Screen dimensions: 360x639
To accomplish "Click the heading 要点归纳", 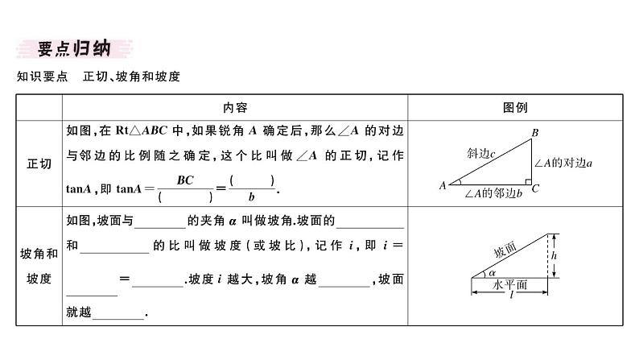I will (73, 49).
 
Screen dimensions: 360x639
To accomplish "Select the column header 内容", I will (235, 107).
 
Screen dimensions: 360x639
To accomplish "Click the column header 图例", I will (515, 107).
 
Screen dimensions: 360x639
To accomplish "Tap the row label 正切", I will (39, 163).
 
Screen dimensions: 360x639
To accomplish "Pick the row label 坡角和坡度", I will (39, 266).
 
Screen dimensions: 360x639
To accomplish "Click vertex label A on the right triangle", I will (443, 185).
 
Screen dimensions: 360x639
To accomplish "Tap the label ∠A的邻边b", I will (492, 194).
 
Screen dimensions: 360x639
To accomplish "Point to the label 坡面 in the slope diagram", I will (506, 250).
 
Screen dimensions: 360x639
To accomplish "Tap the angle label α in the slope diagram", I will (492, 273).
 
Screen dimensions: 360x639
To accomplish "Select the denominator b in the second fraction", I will (252, 197).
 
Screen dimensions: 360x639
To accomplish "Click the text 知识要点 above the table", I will (39, 77).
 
